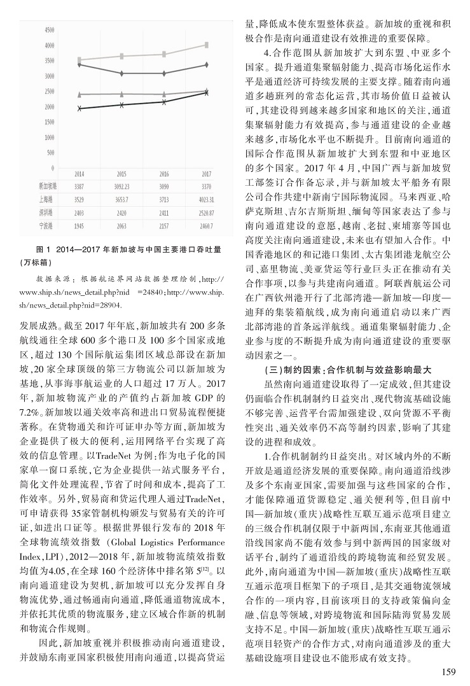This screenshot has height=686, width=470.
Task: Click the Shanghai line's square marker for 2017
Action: tap(207, 45)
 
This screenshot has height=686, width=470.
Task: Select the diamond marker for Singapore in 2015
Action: tap(121, 73)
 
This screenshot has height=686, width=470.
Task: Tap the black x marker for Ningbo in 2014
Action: tap(79, 109)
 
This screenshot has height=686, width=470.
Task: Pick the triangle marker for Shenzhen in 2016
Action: tap(164, 94)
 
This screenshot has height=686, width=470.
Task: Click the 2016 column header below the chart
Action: tap(163, 174)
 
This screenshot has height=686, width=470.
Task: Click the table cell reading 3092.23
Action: tap(121, 186)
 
